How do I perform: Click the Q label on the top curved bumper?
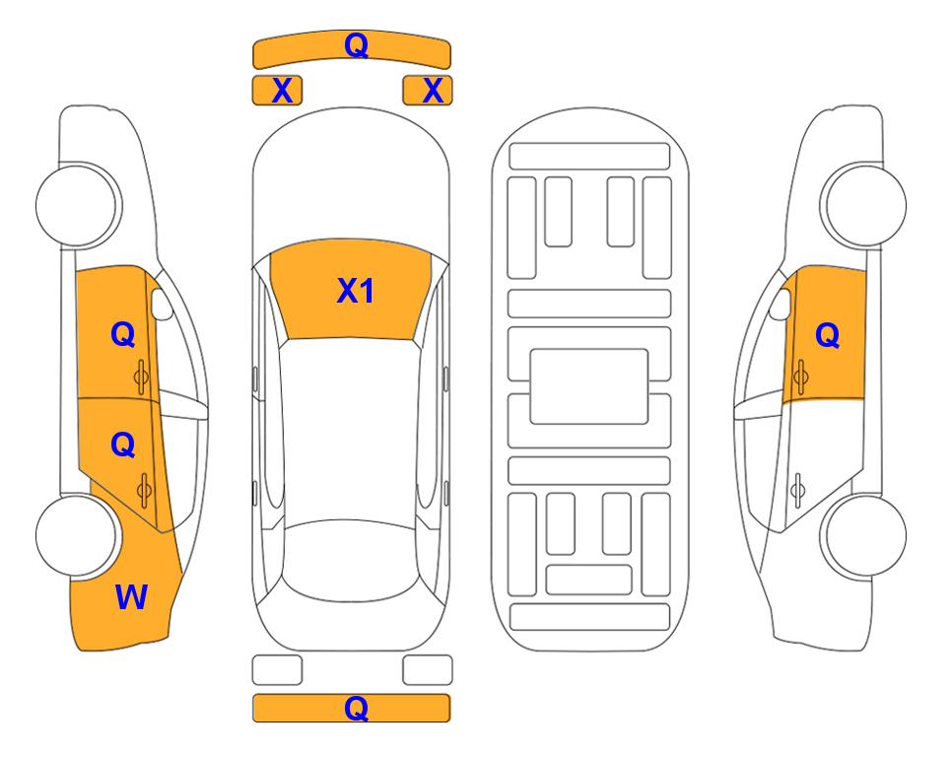[356, 45]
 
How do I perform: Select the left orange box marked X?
[277, 91]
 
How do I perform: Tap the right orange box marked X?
[428, 91]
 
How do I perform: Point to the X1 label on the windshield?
[356, 291]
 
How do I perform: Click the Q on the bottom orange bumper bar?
[356, 708]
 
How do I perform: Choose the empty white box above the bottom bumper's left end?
[277, 670]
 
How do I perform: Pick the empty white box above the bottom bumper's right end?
[428, 670]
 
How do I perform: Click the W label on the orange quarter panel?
[131, 597]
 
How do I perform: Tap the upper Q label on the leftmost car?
[123, 335]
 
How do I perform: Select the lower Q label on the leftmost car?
[123, 446]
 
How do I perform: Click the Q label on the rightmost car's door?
[828, 335]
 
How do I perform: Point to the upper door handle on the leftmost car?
[141, 378]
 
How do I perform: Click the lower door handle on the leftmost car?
[144, 490]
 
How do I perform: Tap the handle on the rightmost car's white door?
[797, 491]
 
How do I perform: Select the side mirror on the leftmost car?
[162, 304]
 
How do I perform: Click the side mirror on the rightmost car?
[780, 304]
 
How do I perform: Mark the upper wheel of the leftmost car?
[78, 205]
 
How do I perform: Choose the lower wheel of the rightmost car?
[864, 536]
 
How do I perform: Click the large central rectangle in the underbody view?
[589, 386]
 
